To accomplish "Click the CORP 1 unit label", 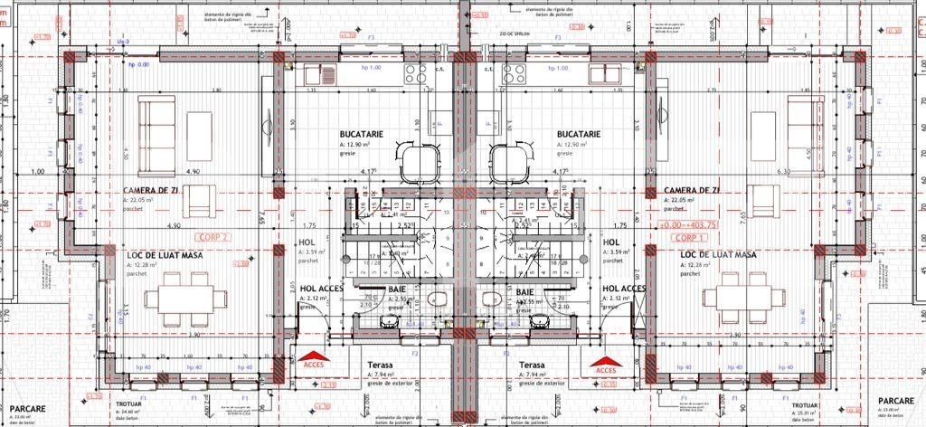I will tap(688, 237).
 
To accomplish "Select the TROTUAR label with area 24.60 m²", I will tap(130, 405).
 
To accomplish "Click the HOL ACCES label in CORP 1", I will tap(624, 289).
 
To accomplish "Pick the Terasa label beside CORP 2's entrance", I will tap(380, 365).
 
